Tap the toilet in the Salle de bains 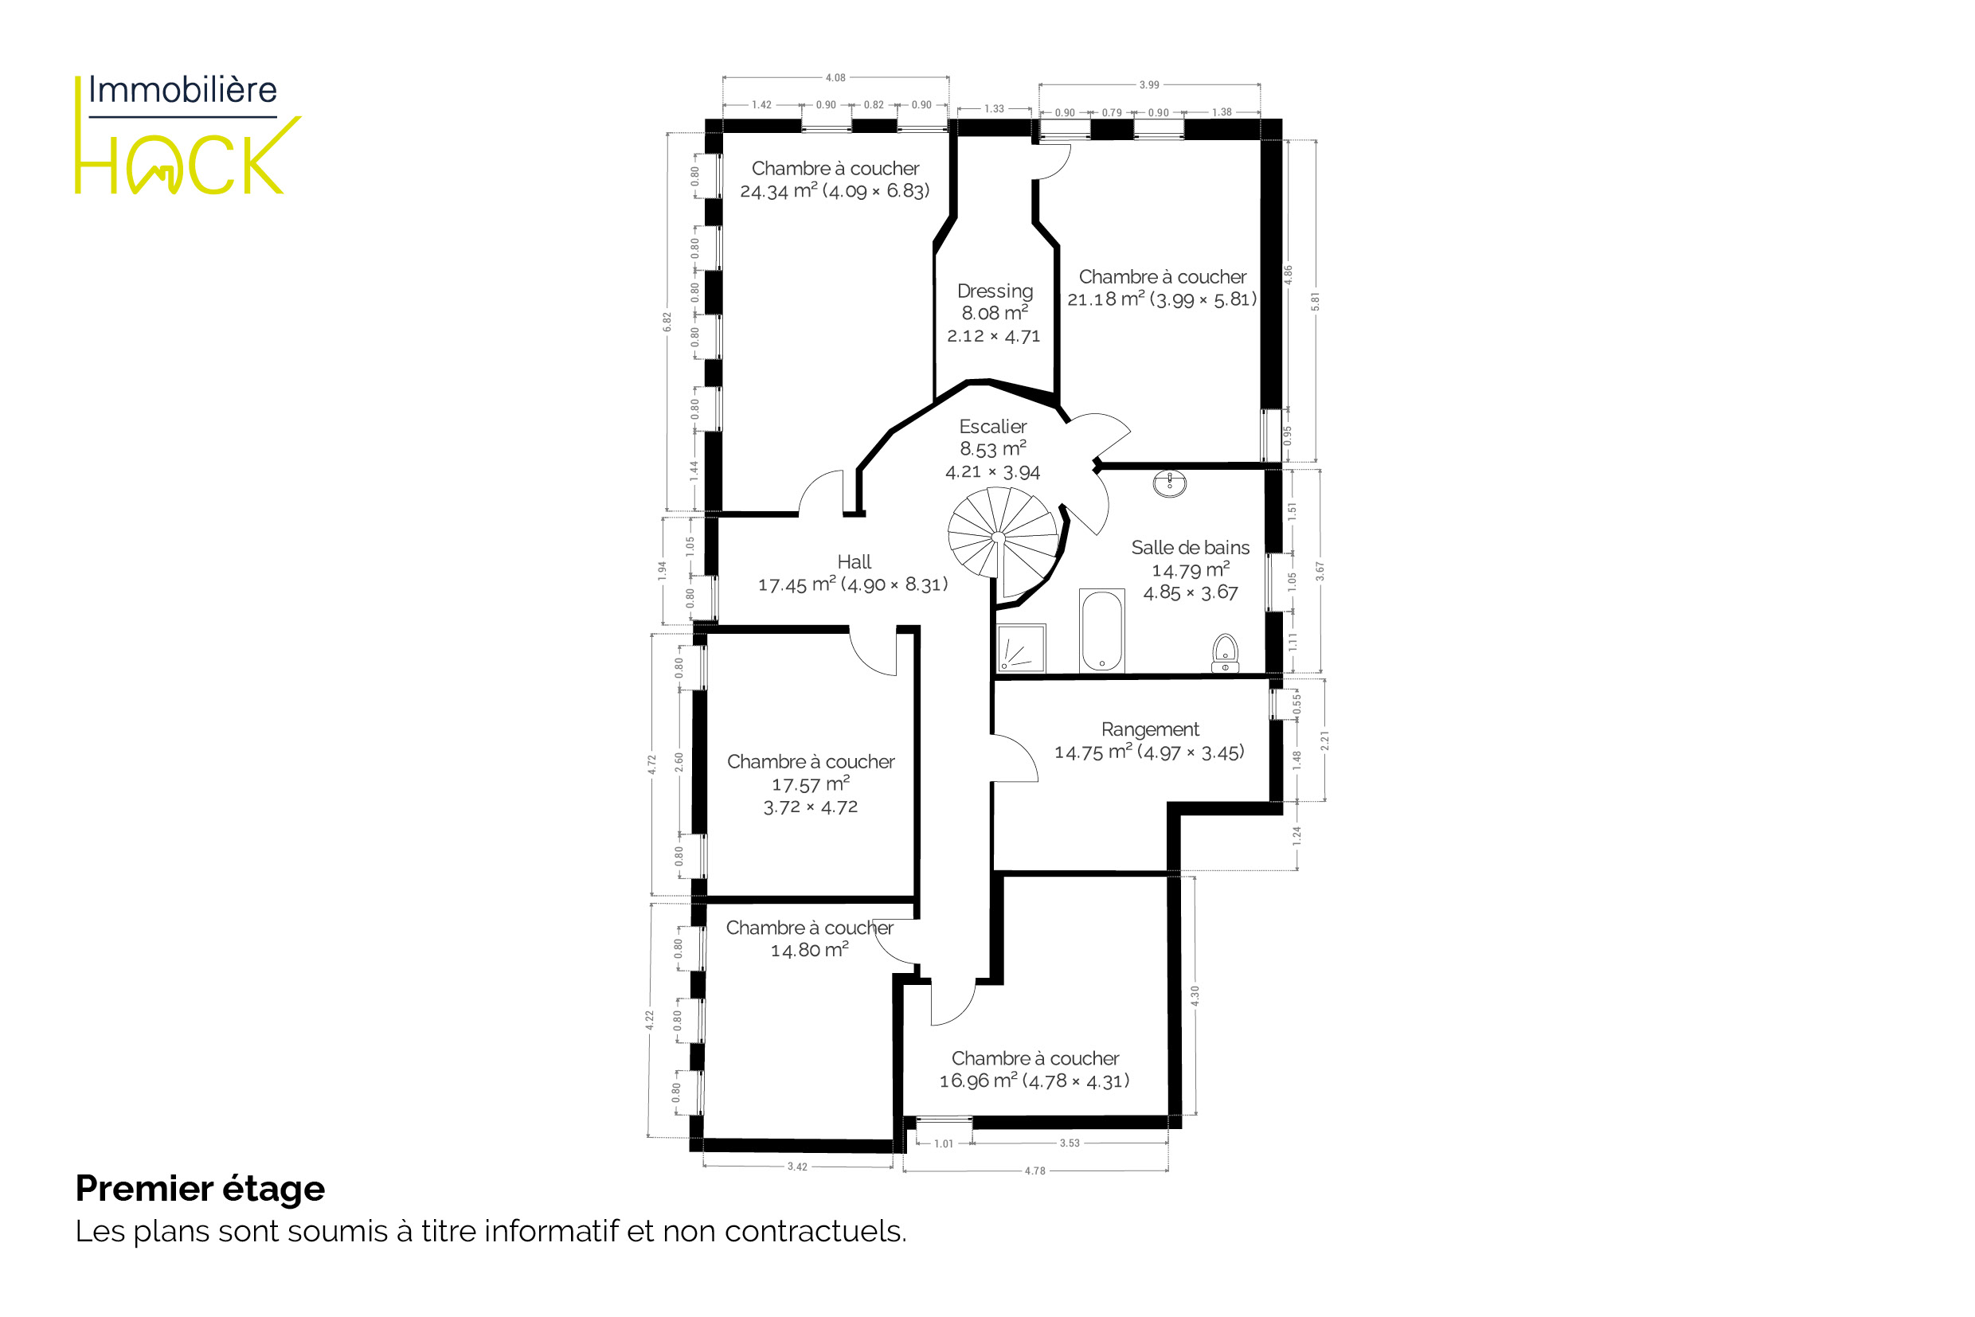click(x=1226, y=654)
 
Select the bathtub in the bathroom click(x=1101, y=631)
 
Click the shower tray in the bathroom click(x=1022, y=648)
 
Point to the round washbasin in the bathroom click(x=1169, y=483)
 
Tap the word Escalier click(x=993, y=427)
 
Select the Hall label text click(x=854, y=562)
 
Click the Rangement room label click(x=1150, y=729)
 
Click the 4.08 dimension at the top click(x=835, y=78)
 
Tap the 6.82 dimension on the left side click(x=667, y=322)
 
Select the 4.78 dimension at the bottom click(x=1035, y=1170)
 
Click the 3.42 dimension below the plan click(x=797, y=1167)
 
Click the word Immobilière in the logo click(x=182, y=90)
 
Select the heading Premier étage click(x=200, y=1189)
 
